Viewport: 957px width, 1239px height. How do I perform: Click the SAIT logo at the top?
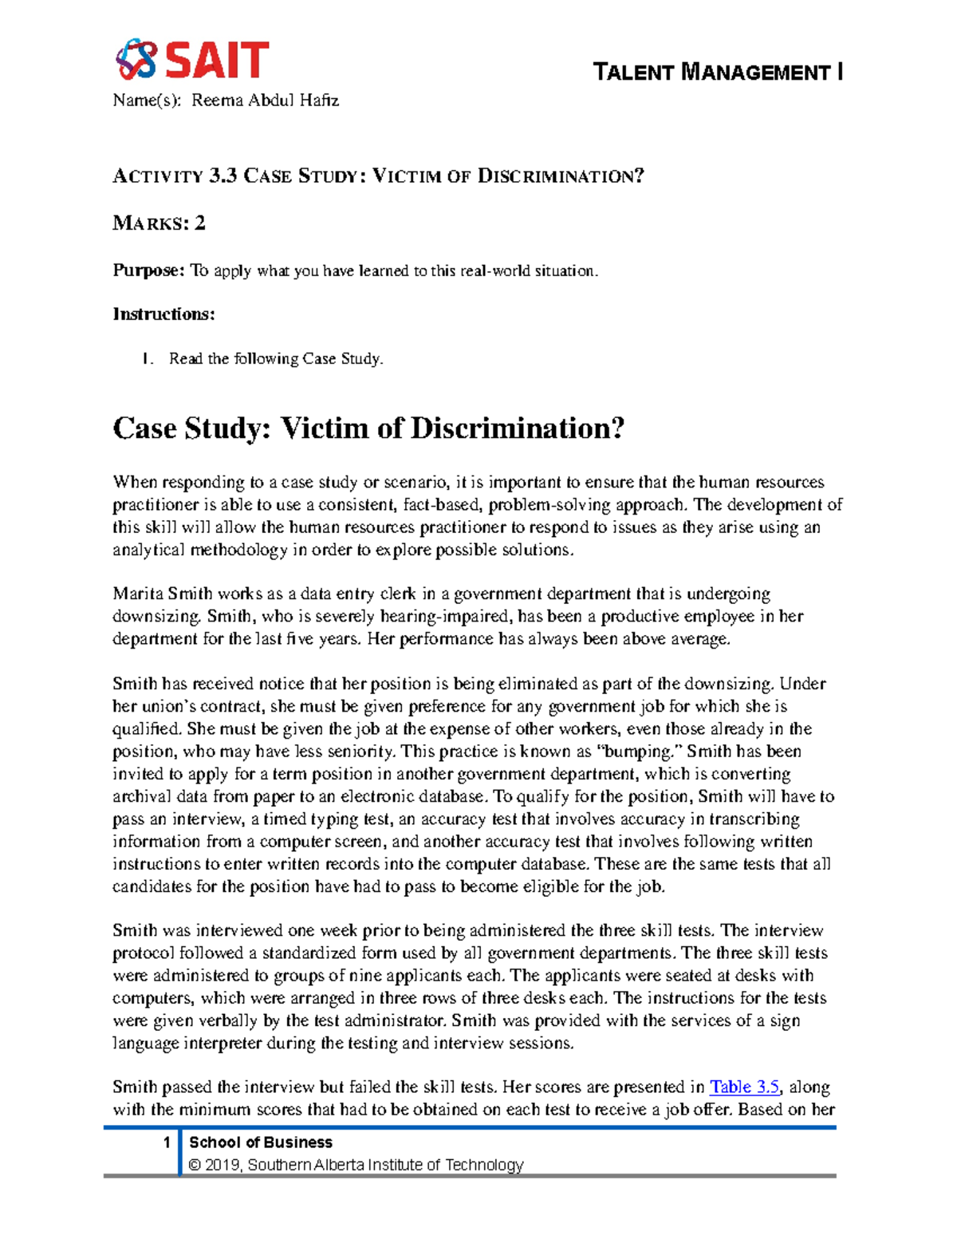192,60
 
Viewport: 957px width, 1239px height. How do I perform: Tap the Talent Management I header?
718,73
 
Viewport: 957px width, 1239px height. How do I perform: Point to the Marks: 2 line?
159,223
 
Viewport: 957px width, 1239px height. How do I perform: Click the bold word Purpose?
148,270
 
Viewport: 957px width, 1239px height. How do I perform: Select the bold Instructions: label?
163,314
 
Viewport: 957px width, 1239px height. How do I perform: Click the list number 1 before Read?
146,359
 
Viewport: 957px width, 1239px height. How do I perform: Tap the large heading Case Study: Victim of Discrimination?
368,428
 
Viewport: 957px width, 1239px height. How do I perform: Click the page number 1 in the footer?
167,1142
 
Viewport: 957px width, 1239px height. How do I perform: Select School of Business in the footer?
261,1142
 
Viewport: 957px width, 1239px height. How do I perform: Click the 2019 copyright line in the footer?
356,1165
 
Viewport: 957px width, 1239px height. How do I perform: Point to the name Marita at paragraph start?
139,594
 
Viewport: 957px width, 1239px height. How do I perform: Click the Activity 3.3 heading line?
378,176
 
